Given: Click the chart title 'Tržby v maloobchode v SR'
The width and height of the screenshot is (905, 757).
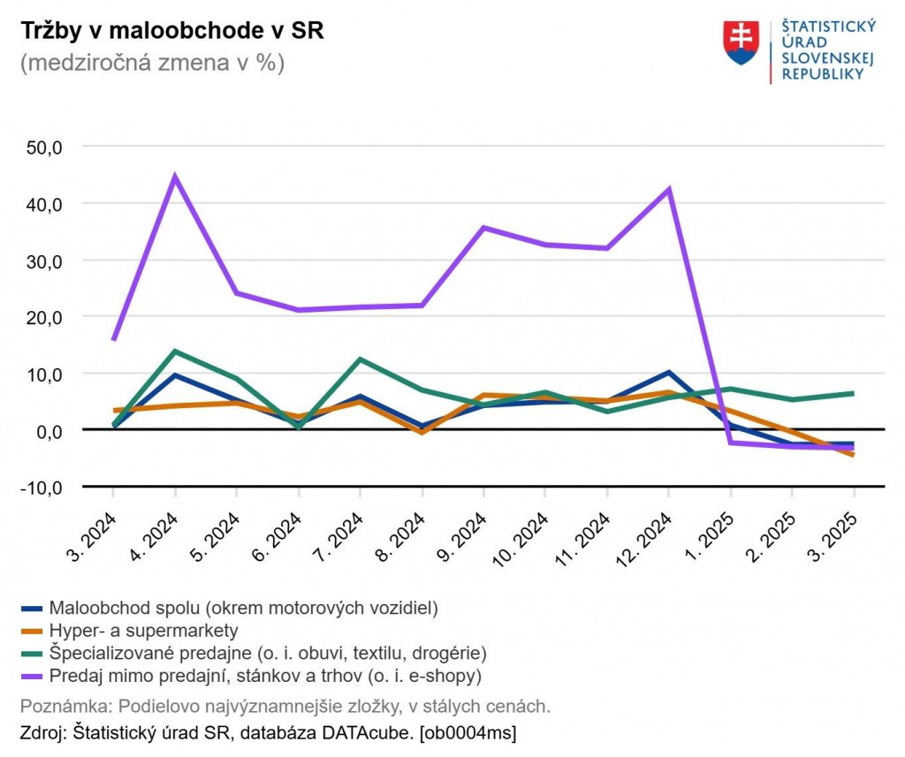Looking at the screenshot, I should tap(171, 31).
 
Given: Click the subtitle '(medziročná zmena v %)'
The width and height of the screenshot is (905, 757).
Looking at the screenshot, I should tap(151, 64).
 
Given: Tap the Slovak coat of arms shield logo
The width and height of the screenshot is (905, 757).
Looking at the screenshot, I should tap(741, 43).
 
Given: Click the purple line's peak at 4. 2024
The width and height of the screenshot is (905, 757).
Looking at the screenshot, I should tap(175, 176).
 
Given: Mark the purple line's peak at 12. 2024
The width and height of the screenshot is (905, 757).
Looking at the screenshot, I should tap(669, 189).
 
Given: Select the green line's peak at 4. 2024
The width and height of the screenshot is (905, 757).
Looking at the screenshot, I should tap(175, 352).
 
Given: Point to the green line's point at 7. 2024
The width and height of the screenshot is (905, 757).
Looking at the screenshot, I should tap(360, 359).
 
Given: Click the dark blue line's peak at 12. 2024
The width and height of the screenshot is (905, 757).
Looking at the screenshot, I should tap(669, 373).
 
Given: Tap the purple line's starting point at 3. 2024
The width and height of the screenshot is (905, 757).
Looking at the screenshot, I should tap(114, 338).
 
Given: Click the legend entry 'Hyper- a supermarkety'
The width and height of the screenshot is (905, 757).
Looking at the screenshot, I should tap(144, 631).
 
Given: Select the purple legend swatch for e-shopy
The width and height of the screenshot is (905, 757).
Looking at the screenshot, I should tap(32, 677).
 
